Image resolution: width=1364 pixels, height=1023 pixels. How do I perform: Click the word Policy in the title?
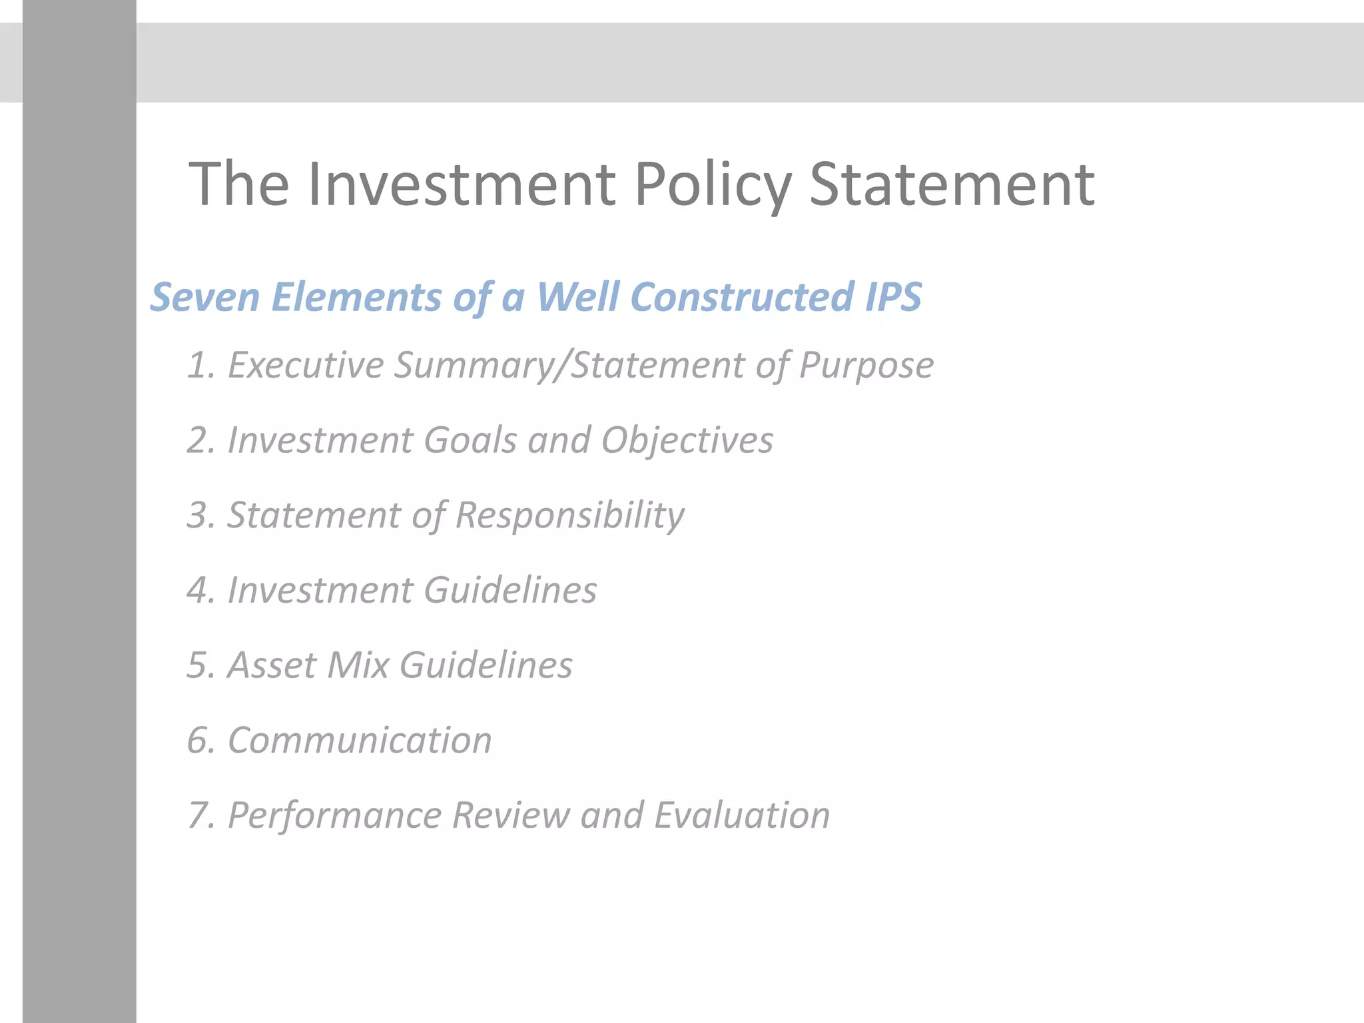713,185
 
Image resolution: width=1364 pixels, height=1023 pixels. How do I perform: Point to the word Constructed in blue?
743,297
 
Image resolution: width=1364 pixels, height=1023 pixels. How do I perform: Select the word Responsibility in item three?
569,516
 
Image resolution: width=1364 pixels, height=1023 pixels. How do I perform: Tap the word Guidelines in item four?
510,591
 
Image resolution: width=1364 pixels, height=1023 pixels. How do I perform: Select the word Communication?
360,741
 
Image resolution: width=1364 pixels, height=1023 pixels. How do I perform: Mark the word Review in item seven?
510,816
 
